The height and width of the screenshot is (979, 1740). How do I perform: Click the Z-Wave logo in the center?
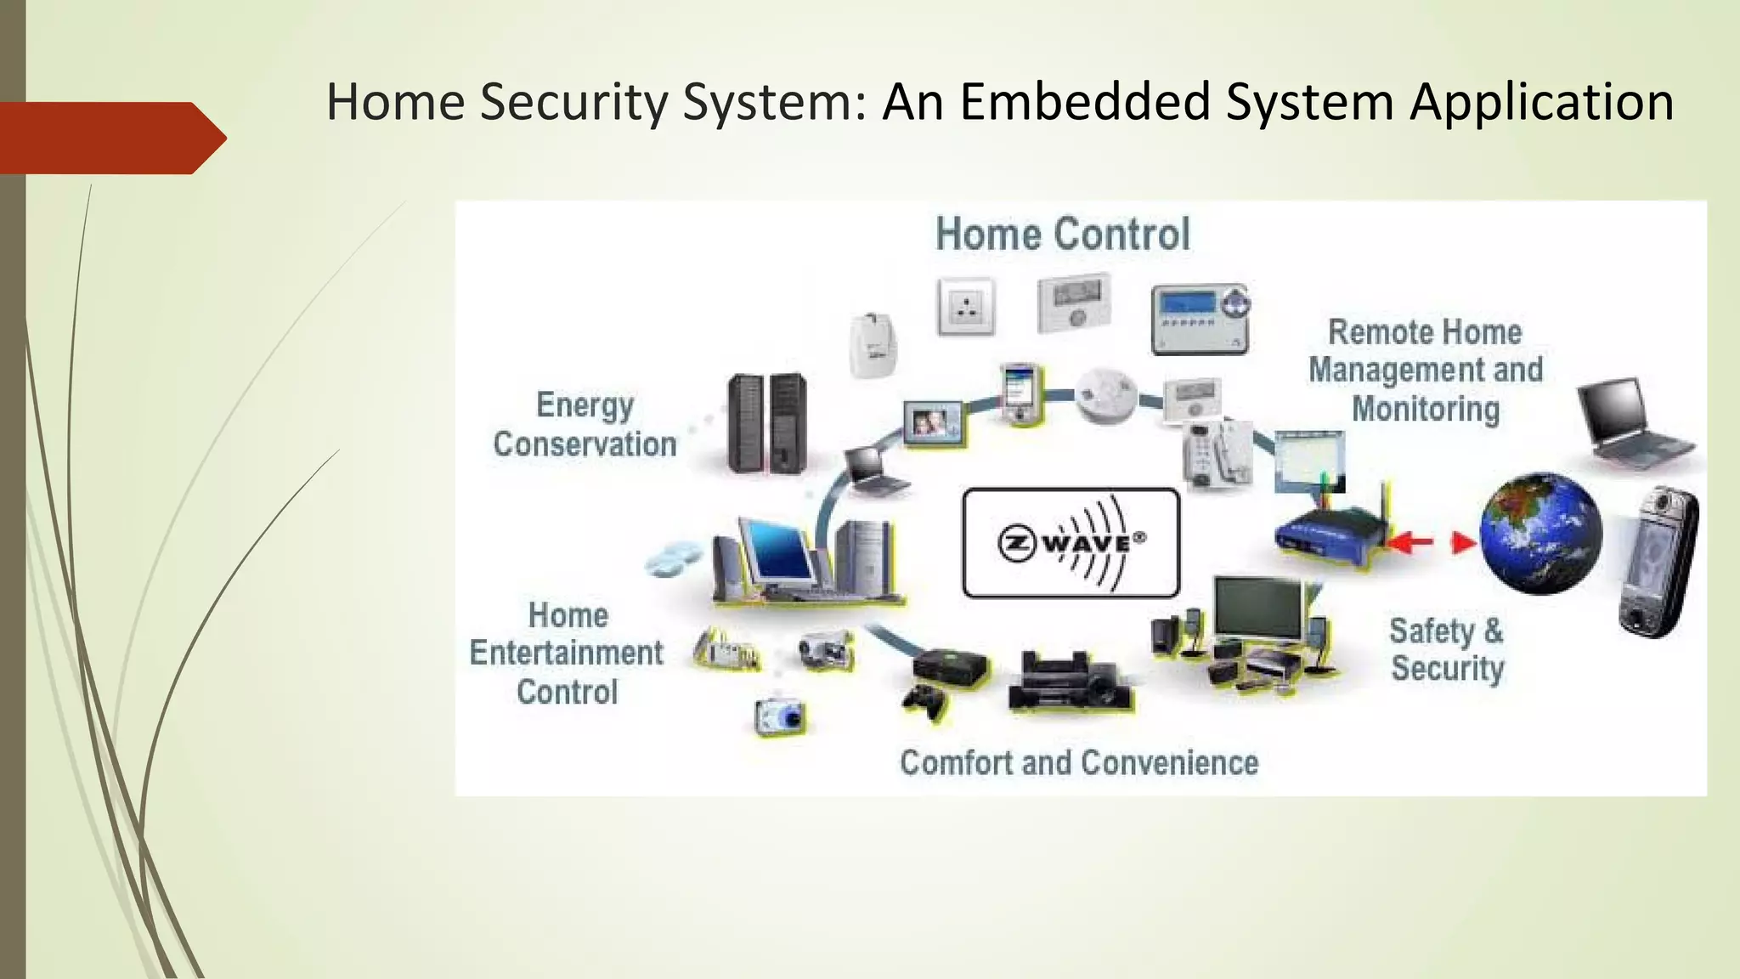coord(1071,542)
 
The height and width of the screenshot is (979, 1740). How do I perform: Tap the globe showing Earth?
coord(1539,534)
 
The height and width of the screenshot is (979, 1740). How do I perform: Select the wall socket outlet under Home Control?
coord(967,307)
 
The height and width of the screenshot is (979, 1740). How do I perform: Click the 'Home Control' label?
coord(1062,234)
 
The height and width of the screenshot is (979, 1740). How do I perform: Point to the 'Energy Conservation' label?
coord(585,424)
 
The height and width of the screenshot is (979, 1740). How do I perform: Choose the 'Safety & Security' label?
coord(1446,649)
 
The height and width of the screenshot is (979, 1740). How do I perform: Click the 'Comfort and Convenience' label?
coord(1079,762)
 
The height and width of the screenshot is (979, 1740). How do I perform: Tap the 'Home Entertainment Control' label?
coord(567,653)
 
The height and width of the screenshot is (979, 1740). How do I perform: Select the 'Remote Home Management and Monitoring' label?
coord(1425,370)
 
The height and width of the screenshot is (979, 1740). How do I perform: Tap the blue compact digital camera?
coord(781,716)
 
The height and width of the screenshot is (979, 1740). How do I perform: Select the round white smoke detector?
coord(1105,396)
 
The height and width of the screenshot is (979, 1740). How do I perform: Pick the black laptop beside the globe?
coord(1631,422)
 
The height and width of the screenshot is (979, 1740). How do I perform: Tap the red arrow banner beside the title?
coord(110,138)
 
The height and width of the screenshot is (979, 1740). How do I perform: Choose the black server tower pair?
coord(767,423)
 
